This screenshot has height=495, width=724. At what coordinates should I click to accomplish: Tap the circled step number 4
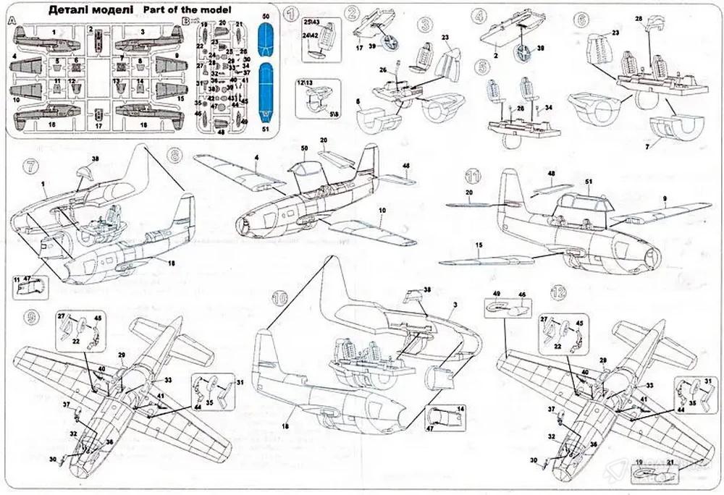tap(479, 14)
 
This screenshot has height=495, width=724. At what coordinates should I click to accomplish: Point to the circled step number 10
tap(279, 298)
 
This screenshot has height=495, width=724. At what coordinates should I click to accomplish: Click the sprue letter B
tap(186, 22)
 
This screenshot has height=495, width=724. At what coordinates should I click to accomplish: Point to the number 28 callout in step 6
tap(639, 19)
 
